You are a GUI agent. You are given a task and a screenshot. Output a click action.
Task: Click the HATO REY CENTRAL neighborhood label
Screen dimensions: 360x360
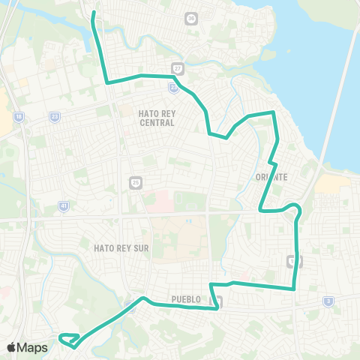[157, 117]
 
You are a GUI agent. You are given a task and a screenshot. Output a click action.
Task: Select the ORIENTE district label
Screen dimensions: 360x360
[271, 177]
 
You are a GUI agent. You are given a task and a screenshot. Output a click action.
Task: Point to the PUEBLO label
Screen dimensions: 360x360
[186, 298]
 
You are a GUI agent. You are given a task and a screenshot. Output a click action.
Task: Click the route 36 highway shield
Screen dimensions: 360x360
[191, 18]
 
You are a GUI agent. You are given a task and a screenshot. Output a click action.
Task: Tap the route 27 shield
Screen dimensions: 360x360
[178, 67]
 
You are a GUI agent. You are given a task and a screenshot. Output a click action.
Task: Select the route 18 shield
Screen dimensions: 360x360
[18, 117]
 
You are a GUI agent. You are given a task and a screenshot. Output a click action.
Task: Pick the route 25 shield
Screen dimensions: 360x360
[135, 181]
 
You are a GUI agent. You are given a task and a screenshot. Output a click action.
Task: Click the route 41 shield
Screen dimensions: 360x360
[64, 205]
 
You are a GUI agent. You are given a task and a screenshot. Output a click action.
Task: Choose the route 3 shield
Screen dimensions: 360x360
[328, 301]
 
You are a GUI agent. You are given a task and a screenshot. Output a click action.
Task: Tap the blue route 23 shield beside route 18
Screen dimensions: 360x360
[55, 117]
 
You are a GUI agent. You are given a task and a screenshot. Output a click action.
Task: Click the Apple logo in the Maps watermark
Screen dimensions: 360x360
[12, 347]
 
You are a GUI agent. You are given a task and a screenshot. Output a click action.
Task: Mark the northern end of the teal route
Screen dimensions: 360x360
[93, 13]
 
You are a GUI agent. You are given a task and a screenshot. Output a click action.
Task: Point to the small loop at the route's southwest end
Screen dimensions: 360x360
[68, 340]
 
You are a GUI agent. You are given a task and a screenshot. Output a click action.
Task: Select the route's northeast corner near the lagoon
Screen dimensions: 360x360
[273, 113]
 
